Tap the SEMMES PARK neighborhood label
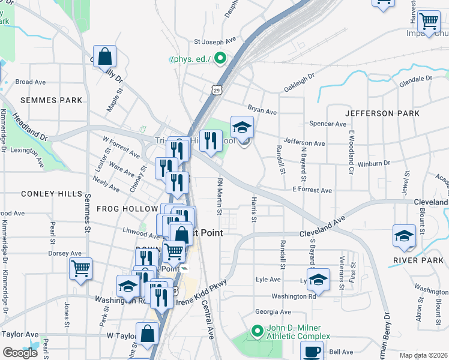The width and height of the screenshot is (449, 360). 43,100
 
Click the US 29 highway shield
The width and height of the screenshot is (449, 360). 215,89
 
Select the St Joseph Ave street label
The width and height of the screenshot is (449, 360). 215,42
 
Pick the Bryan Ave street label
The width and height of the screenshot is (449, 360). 262,112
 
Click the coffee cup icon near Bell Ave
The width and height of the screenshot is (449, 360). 312,350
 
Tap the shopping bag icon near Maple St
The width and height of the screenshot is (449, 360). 104,57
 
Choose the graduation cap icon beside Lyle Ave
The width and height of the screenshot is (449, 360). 319,279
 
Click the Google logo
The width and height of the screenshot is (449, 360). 20,353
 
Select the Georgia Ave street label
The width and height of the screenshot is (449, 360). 273,312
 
